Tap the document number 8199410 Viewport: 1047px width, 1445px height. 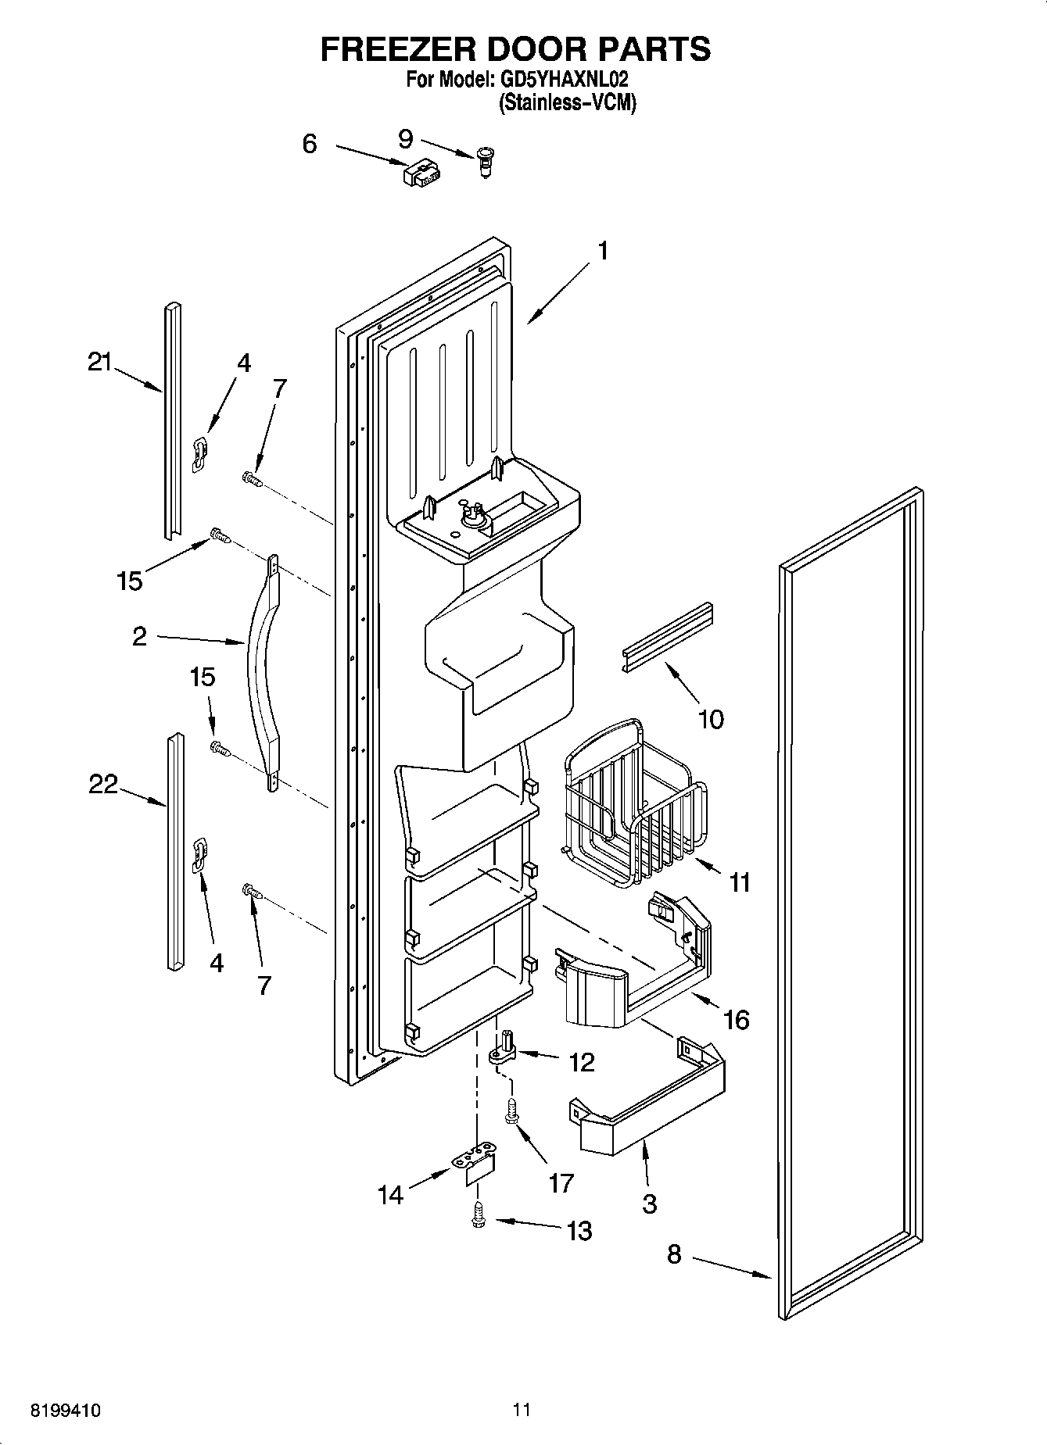click(65, 1411)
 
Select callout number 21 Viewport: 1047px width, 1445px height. click(99, 362)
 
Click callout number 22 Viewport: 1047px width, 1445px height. click(102, 783)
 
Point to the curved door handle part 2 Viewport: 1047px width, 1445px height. click(262, 664)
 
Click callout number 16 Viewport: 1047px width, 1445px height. click(737, 1019)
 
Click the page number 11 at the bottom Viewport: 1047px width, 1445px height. click(522, 1410)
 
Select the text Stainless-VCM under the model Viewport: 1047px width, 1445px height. click(567, 102)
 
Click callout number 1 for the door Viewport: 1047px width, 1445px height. click(602, 251)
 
